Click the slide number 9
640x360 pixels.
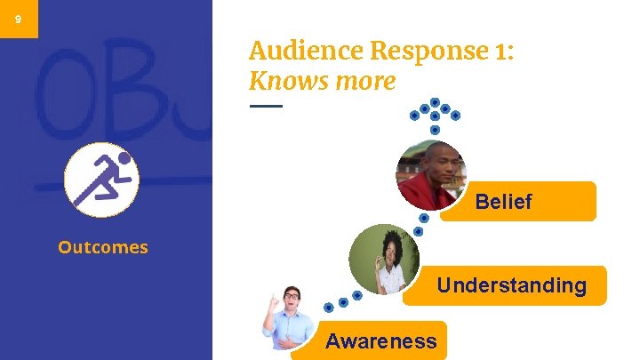point(19,19)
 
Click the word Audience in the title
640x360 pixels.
point(293,51)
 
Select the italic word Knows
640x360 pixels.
point(284,82)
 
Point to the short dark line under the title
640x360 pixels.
point(265,106)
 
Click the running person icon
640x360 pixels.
point(101,180)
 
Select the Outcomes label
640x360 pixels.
point(103,247)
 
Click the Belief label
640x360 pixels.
point(503,202)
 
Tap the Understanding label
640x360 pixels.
point(511,285)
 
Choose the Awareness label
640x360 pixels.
point(380,340)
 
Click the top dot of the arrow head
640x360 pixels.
point(435,101)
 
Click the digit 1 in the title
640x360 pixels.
point(503,51)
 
